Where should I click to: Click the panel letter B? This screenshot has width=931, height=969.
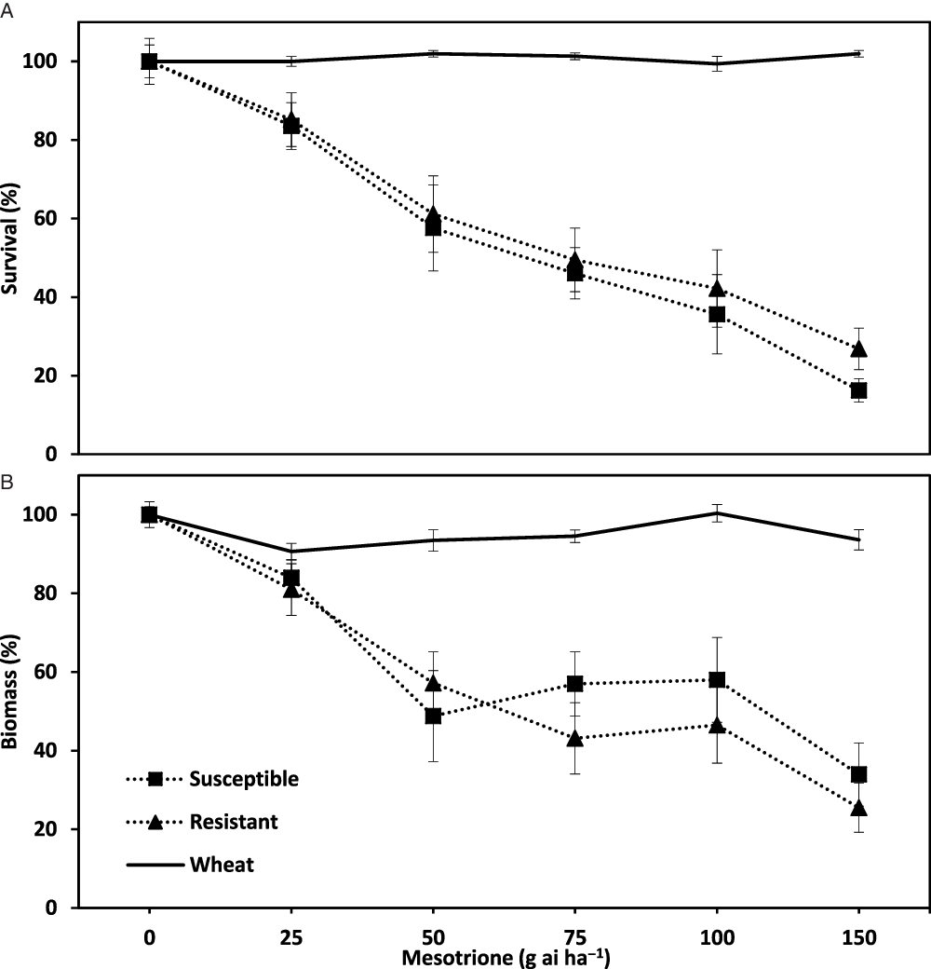pos(7,484)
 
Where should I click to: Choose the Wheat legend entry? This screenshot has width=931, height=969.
pos(222,865)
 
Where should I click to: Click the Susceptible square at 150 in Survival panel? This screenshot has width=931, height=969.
pos(858,390)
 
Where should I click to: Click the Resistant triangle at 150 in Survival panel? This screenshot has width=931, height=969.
pos(858,348)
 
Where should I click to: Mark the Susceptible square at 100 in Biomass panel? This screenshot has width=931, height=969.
pos(717,679)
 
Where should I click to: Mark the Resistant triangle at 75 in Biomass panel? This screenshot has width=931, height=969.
pos(574,738)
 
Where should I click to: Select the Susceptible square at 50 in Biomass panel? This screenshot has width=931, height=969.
pos(433,716)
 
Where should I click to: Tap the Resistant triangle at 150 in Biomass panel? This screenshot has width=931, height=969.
pos(858,807)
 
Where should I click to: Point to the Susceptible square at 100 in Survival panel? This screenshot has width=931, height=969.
pos(717,314)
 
